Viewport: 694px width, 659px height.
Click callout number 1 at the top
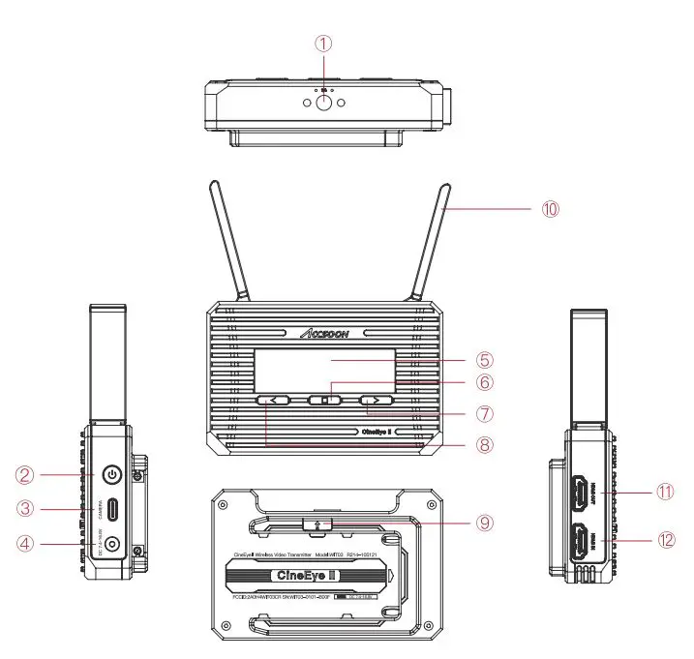pos(324,43)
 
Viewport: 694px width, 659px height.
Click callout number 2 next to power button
pos(29,474)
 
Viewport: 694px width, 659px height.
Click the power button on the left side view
pos(113,474)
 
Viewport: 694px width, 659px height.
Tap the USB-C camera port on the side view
pos(113,510)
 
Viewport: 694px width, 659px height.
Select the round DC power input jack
pos(113,545)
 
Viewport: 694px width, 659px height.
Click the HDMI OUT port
pos(577,492)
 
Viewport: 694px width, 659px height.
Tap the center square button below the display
pos(326,399)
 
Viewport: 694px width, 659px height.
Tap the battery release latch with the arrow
pos(319,524)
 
